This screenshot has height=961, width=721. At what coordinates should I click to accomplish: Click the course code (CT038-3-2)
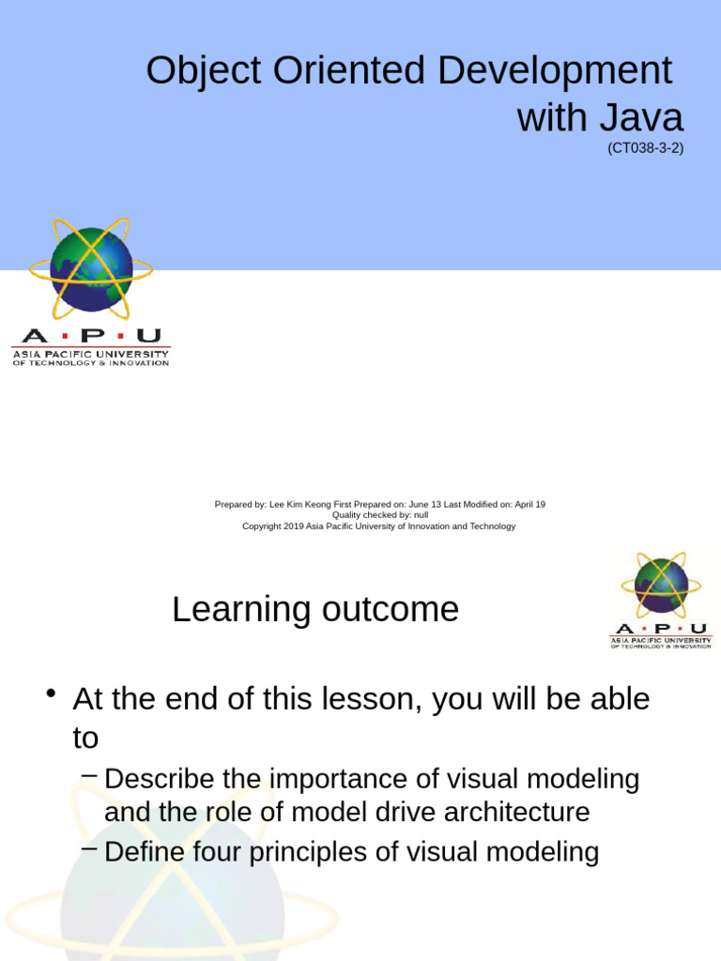click(645, 148)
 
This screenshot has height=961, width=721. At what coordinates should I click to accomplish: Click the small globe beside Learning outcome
click(661, 586)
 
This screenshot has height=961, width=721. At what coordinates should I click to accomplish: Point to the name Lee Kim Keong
click(304, 505)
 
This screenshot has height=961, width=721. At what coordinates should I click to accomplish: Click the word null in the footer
click(420, 515)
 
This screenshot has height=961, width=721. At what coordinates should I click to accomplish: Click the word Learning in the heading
click(240, 611)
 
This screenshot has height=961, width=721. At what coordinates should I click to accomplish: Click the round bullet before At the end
click(52, 696)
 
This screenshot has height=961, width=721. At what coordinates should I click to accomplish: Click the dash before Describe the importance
click(90, 775)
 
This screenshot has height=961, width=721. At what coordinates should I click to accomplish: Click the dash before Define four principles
click(90, 848)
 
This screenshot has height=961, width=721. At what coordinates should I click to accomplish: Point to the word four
click(235, 852)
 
